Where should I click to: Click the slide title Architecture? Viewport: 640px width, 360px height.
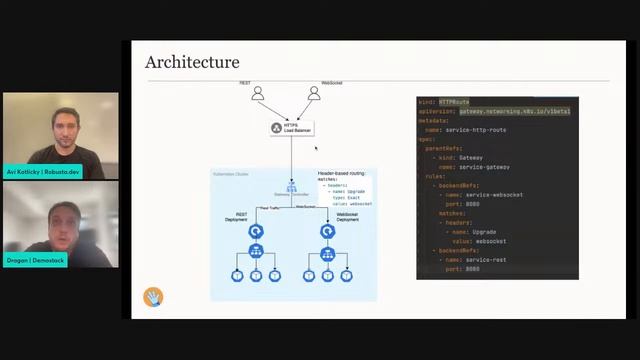click(x=193, y=63)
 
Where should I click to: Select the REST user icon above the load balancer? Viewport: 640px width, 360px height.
click(x=257, y=94)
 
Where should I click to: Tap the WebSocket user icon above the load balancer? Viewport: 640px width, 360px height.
click(x=313, y=94)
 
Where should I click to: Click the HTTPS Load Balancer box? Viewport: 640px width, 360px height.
click(x=291, y=128)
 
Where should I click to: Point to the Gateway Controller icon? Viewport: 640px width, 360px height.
click(x=292, y=186)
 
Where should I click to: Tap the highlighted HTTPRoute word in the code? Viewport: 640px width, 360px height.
click(x=454, y=102)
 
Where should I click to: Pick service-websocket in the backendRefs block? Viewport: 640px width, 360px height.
click(x=496, y=194)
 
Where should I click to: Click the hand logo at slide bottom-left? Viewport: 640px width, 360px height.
click(x=153, y=297)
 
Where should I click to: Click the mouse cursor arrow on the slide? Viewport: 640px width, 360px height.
click(x=317, y=149)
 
